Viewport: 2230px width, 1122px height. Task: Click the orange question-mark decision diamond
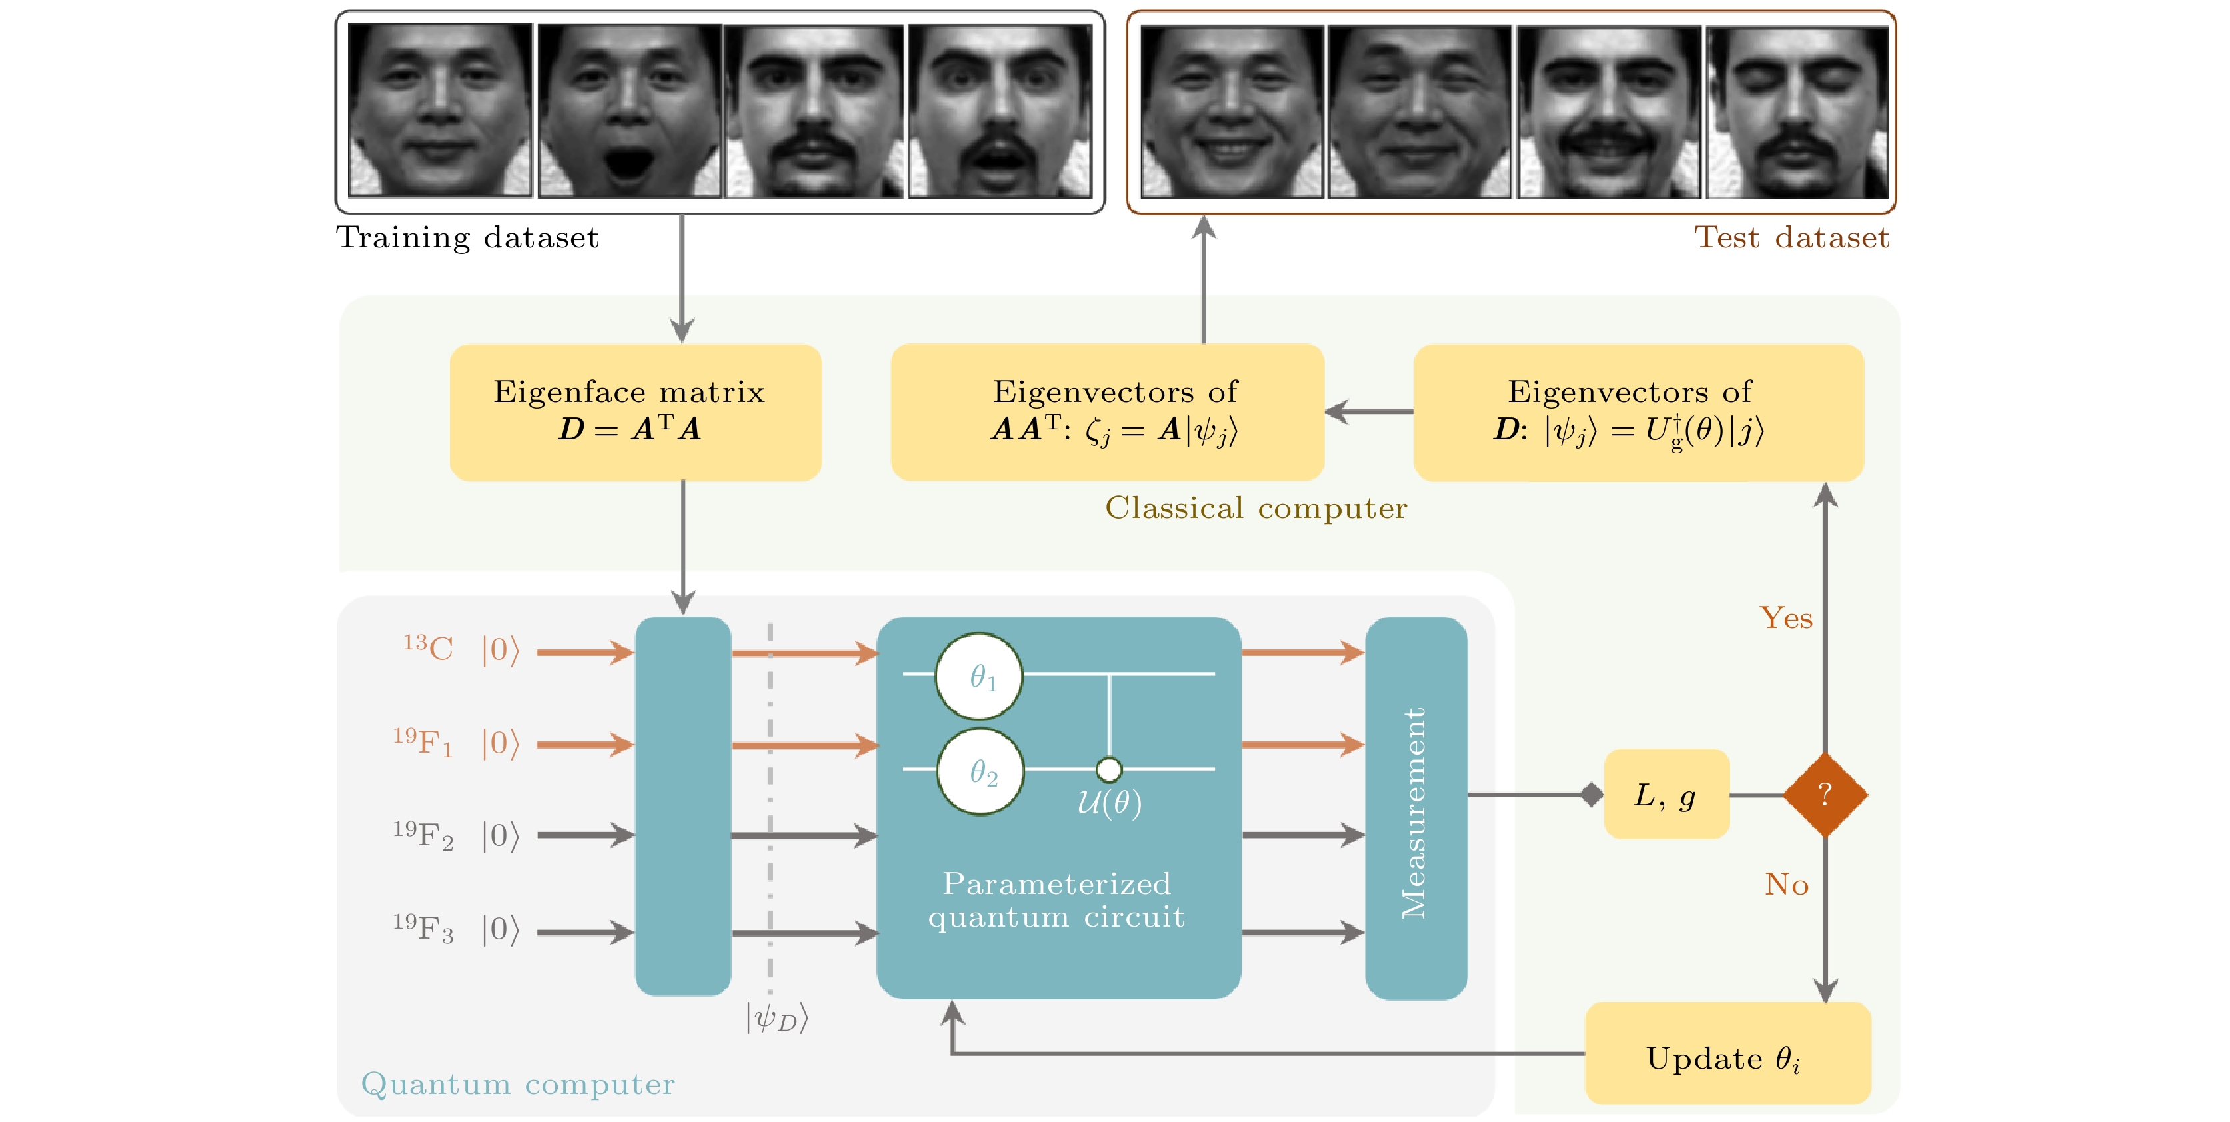[x=1825, y=794]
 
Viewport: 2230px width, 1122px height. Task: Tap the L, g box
[x=1666, y=794]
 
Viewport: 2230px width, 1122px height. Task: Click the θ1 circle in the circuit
[x=979, y=676]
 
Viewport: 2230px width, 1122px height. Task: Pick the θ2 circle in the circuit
[x=981, y=771]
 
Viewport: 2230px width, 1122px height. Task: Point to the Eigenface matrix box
[x=634, y=412]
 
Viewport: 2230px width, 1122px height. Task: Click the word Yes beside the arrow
[x=1786, y=618]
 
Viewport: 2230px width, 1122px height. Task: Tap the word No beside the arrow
[x=1787, y=884]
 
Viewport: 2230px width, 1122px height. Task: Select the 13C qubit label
[x=428, y=647]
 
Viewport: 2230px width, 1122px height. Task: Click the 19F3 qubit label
[x=423, y=928]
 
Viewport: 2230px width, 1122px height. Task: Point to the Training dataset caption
[x=467, y=237]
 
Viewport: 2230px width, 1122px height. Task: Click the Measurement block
[x=1416, y=808]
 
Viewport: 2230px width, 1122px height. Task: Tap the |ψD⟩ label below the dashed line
[x=776, y=1017]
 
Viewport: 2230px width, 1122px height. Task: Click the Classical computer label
[x=1255, y=508]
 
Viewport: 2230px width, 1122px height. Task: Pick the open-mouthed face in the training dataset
[x=629, y=111]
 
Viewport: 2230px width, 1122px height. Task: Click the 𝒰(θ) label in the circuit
[x=1109, y=803]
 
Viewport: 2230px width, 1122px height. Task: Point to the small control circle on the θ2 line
[x=1109, y=769]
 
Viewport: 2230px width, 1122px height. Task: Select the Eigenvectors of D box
[x=1638, y=412]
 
